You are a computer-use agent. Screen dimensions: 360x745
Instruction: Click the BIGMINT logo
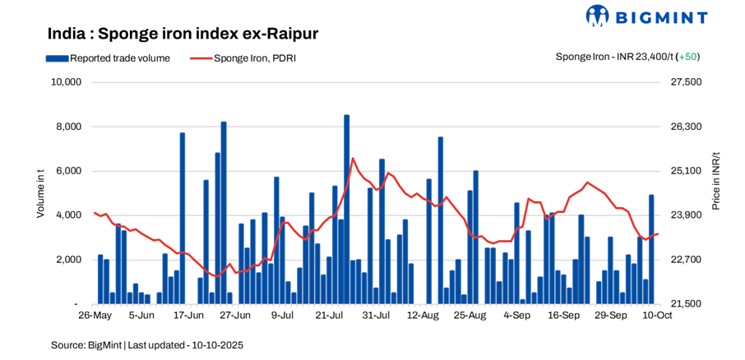point(657,16)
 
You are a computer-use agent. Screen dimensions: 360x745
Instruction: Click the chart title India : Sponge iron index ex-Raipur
point(183,34)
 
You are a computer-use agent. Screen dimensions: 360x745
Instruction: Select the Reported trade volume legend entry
point(108,58)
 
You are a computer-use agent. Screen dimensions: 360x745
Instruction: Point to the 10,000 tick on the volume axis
point(66,82)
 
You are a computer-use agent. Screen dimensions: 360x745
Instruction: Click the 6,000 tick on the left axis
point(69,171)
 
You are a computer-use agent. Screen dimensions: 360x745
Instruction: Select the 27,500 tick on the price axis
point(688,82)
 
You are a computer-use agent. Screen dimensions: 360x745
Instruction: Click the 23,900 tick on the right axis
point(688,215)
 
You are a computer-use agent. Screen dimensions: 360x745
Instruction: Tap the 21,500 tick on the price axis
point(688,304)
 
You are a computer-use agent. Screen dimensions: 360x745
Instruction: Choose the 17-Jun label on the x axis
point(187,315)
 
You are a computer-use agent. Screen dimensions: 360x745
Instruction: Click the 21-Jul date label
point(329,315)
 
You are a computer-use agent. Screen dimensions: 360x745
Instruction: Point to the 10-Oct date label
point(658,315)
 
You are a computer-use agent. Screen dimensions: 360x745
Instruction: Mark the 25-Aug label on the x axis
point(470,315)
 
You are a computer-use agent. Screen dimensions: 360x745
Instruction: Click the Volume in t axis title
point(40,192)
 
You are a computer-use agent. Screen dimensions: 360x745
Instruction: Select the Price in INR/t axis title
point(716,181)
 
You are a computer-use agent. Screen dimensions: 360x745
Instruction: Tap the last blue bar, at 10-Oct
point(651,249)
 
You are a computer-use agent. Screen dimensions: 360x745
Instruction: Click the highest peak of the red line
point(352,158)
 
